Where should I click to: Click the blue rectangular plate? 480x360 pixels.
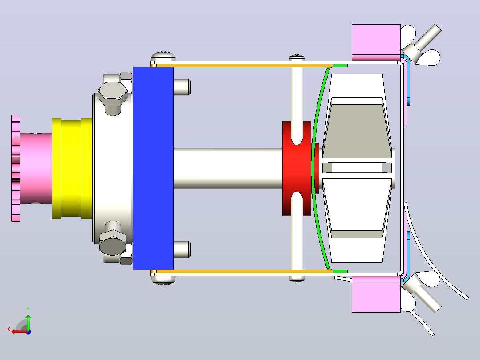[x=153, y=168]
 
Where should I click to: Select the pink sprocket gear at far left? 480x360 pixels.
[x=16, y=168]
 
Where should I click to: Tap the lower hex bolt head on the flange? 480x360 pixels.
[x=113, y=242]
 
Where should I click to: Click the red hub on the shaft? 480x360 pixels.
[x=297, y=168]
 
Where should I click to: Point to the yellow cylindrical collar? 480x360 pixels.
[x=72, y=168]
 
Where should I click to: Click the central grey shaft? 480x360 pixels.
[x=228, y=168]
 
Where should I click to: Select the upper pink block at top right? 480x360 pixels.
[x=376, y=42]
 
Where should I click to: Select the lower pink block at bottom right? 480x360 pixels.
[x=376, y=295]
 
